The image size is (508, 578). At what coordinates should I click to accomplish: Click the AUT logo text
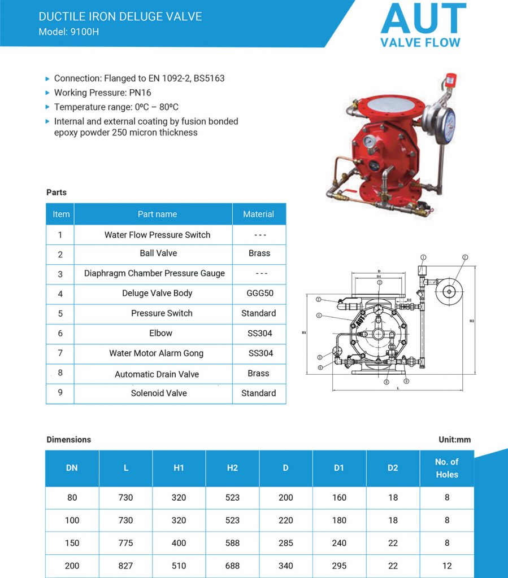pyautogui.click(x=423, y=19)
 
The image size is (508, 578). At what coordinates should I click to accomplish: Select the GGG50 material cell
pyautogui.click(x=259, y=293)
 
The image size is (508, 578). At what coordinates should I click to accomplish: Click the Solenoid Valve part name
pyautogui.click(x=159, y=393)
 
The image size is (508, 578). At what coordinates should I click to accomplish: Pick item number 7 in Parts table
pyautogui.click(x=60, y=353)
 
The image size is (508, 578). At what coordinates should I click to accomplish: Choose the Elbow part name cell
pyautogui.click(x=160, y=333)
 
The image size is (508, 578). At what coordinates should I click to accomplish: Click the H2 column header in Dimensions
pyautogui.click(x=232, y=468)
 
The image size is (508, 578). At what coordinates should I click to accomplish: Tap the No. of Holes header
pyautogui.click(x=446, y=468)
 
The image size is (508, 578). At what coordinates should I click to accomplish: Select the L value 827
pyautogui.click(x=125, y=566)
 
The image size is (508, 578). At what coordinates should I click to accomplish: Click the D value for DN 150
pyautogui.click(x=286, y=543)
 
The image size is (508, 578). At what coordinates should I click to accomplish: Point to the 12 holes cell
pyautogui.click(x=446, y=566)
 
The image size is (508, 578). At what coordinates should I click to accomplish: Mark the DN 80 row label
pyautogui.click(x=72, y=497)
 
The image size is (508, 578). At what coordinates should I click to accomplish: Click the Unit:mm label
pyautogui.click(x=454, y=439)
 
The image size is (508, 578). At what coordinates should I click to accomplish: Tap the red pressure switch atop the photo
pyautogui.click(x=451, y=78)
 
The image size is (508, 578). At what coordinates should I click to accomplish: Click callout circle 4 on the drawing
pyautogui.click(x=319, y=316)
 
